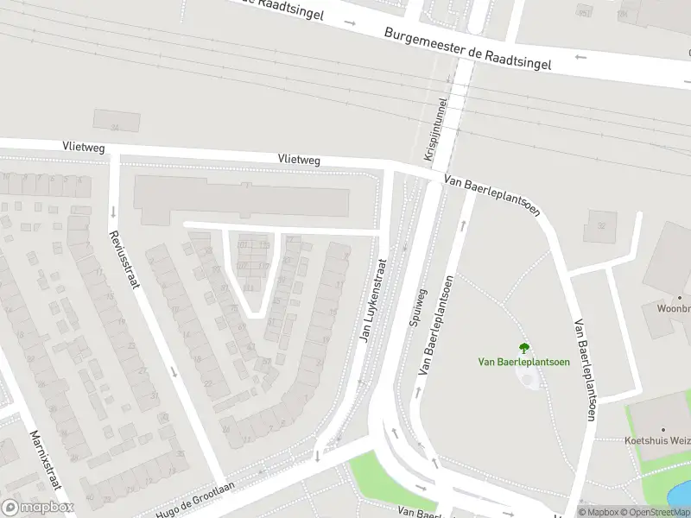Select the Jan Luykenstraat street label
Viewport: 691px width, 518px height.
pyautogui.click(x=372, y=300)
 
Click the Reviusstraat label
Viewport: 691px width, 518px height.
pyautogui.click(x=123, y=259)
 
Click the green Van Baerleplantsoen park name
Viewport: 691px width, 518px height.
pyautogui.click(x=523, y=362)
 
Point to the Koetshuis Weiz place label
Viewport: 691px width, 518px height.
pyautogui.click(x=657, y=440)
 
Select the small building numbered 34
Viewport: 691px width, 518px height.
pyautogui.click(x=116, y=121)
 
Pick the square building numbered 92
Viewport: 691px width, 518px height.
pyautogui.click(x=599, y=227)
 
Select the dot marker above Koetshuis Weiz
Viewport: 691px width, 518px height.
pyautogui.click(x=663, y=429)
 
